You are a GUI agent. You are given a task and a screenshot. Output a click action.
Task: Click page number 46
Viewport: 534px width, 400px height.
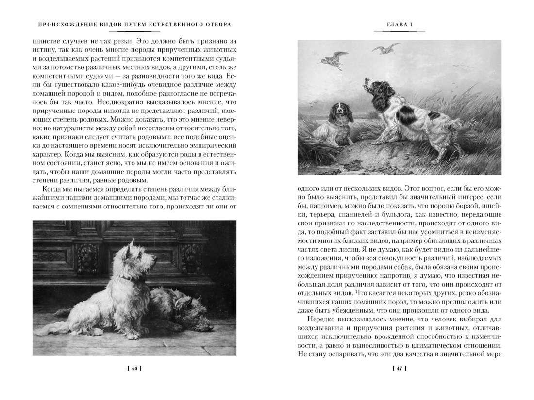pos(134,368)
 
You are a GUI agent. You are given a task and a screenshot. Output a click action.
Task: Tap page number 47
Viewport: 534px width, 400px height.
pos(399,368)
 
